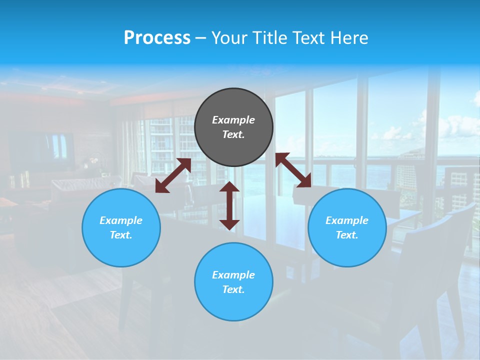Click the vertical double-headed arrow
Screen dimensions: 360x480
(229, 205)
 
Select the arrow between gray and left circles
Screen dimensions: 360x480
(173, 175)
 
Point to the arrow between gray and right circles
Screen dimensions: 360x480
(293, 170)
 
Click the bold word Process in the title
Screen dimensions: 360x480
(157, 37)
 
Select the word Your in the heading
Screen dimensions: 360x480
(230, 37)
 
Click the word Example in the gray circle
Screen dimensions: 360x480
(233, 120)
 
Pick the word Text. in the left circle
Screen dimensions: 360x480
(121, 235)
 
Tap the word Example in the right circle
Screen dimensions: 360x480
(347, 220)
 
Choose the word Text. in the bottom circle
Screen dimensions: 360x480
(233, 289)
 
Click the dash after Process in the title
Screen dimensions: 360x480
(201, 38)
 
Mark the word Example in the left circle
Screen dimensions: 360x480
(121, 220)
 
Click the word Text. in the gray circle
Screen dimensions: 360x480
(233, 134)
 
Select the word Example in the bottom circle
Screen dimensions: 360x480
(233, 275)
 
